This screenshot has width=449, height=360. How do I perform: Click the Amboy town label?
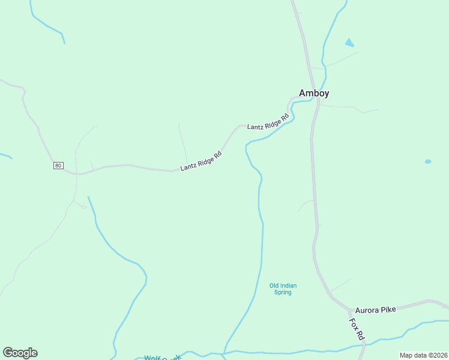pos(314,93)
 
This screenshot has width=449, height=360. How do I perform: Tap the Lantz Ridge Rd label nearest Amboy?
pos(268,120)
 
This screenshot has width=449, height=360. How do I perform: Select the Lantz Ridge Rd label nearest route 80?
pos(202,161)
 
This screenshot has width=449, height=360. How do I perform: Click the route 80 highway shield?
pos(58,166)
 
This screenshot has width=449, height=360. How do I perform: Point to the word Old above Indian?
pos(276,286)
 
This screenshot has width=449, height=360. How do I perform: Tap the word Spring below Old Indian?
pos(283,293)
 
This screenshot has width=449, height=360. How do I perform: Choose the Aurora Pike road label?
pos(375,310)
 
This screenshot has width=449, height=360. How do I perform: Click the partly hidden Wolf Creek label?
pos(163,358)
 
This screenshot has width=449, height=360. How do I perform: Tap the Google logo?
pos(20,353)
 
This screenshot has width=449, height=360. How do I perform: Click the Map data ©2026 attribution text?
pos(423,355)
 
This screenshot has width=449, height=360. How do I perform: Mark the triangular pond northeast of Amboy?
pos(349,43)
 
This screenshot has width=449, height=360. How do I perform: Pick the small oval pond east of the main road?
pos(428,161)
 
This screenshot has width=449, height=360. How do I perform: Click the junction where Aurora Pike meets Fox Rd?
pos(349,310)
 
